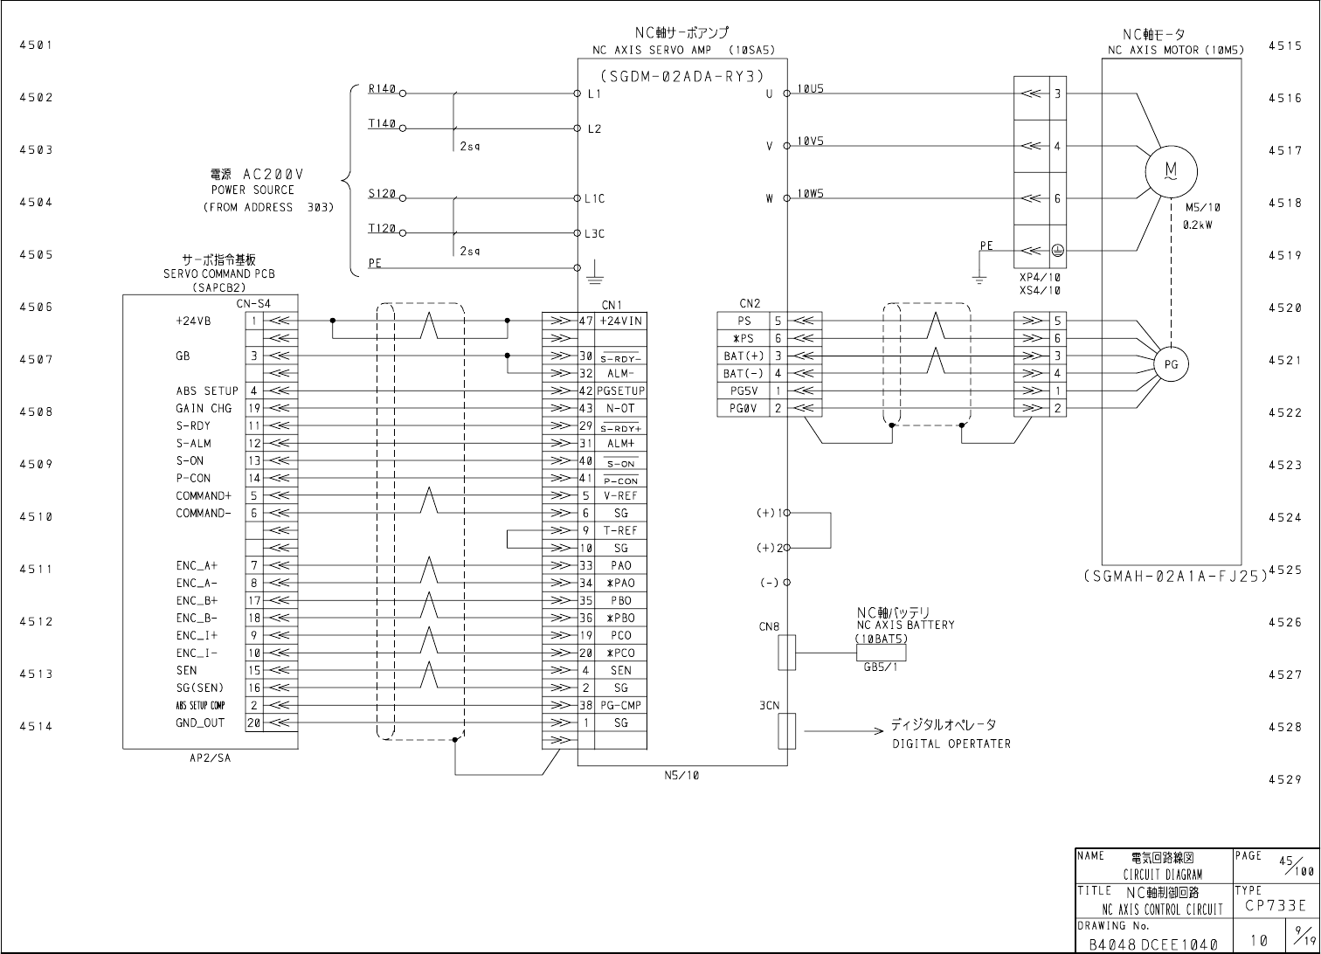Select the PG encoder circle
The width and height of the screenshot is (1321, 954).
[x=1171, y=364]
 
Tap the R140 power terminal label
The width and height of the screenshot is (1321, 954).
[x=382, y=89]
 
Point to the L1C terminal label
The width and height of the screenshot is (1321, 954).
[x=595, y=198]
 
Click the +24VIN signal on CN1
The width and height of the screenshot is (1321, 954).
[x=621, y=321]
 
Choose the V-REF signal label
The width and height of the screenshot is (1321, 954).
[x=621, y=495]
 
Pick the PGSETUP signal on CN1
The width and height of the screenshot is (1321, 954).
[x=621, y=391]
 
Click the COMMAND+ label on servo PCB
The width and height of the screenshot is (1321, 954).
[x=204, y=495]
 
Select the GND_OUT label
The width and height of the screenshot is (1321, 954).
[x=200, y=722]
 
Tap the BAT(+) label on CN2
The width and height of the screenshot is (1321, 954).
[x=743, y=356]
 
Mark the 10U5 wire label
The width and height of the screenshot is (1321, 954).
[x=810, y=89]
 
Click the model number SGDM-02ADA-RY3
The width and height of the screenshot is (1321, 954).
[x=682, y=75]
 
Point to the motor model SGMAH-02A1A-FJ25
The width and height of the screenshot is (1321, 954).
[x=1174, y=577]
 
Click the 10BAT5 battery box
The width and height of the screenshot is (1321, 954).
[x=881, y=653]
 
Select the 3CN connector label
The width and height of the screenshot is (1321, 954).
[x=769, y=706]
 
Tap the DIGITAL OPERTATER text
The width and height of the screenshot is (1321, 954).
[x=951, y=743]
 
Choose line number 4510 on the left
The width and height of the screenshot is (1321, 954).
[x=36, y=516]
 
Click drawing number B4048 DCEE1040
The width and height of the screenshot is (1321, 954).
[x=1152, y=944]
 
